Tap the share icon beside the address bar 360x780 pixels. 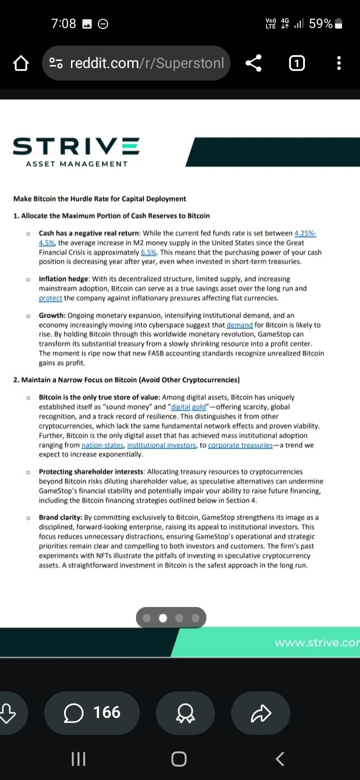(x=253, y=63)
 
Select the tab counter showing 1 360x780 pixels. (x=296, y=63)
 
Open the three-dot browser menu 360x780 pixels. (x=339, y=63)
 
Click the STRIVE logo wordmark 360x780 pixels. (x=76, y=146)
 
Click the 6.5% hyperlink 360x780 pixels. (x=149, y=252)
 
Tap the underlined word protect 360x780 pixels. (x=50, y=298)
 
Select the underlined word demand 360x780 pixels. (x=239, y=324)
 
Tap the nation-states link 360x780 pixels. (x=103, y=445)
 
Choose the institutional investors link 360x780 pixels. (x=161, y=445)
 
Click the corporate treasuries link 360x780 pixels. (x=240, y=445)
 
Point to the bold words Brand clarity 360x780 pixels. (x=60, y=517)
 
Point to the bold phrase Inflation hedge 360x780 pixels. (x=64, y=278)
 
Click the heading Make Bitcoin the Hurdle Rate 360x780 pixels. (x=99, y=198)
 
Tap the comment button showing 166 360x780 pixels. (x=92, y=712)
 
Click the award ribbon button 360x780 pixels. (x=185, y=713)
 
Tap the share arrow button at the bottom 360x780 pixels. (x=260, y=713)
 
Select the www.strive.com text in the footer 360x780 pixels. (x=317, y=642)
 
